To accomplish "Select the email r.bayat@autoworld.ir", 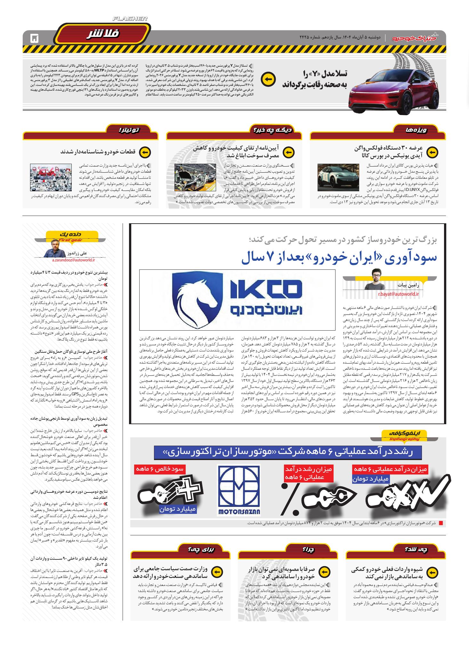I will (x=398, y=293).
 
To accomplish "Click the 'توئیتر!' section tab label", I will (x=129, y=130).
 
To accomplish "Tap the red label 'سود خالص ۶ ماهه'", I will (x=159, y=469).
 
